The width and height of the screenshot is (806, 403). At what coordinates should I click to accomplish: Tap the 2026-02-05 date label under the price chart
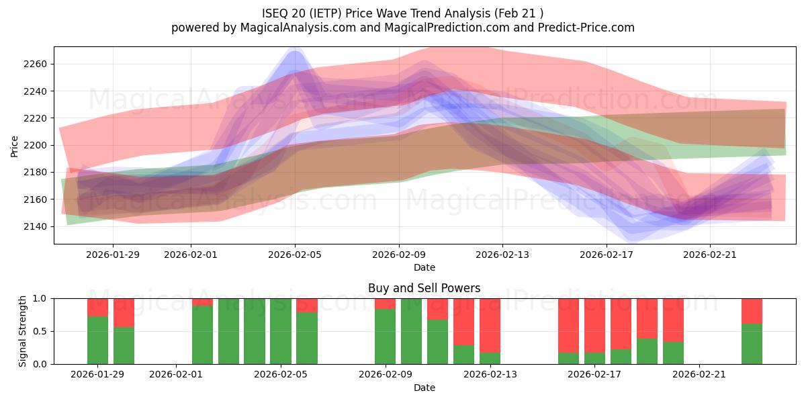[295, 255]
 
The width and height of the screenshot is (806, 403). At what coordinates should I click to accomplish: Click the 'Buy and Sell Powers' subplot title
[424, 288]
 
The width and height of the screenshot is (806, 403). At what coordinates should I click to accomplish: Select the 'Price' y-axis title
[15, 145]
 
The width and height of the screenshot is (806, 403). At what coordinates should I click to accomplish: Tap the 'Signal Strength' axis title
[23, 331]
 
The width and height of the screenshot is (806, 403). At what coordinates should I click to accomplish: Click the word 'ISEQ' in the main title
[275, 13]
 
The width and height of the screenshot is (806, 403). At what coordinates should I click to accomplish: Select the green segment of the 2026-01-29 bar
[97, 340]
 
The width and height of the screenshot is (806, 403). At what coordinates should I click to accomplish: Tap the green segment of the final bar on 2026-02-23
[752, 344]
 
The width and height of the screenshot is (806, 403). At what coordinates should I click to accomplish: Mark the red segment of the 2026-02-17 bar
[594, 325]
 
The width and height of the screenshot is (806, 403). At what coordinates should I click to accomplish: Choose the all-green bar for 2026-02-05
[281, 331]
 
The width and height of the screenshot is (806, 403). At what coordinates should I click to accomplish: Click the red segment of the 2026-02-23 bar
[752, 311]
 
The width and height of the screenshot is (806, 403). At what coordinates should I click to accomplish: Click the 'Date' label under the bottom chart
[424, 388]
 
